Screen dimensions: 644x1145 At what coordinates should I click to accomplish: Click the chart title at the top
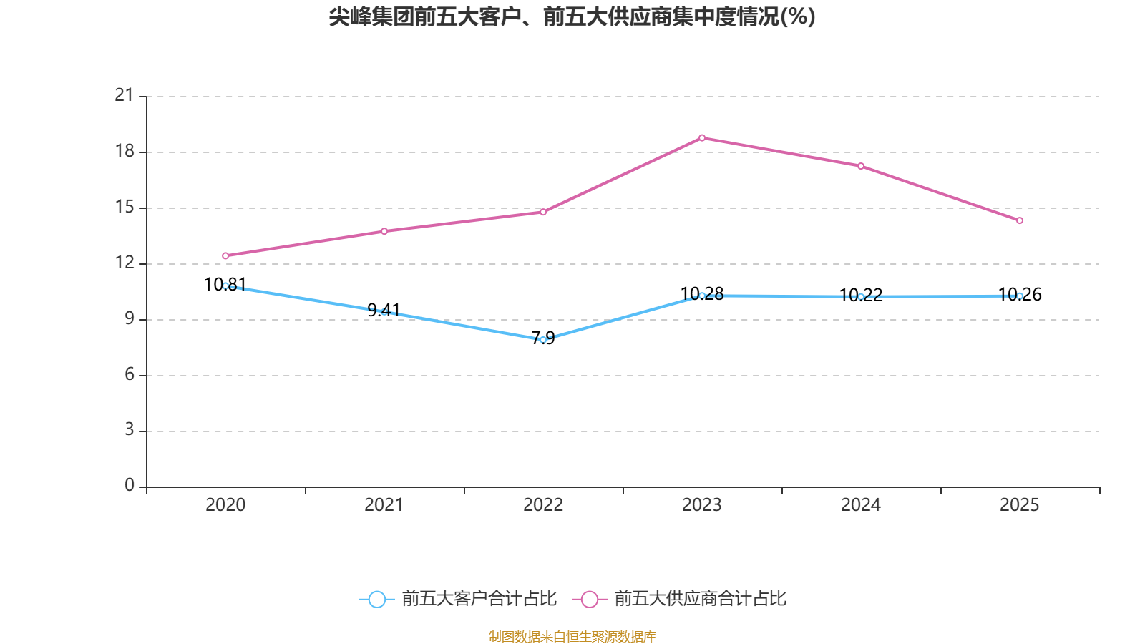pos(572,16)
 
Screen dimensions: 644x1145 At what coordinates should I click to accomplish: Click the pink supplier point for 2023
pos(702,137)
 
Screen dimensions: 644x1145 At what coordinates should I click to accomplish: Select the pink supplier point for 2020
pos(225,255)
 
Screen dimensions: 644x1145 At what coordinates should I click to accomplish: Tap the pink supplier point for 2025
pos(1020,220)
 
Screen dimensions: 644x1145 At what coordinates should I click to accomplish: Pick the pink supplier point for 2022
pos(543,212)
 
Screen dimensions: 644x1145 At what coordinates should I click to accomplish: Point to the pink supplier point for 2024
pos(861,166)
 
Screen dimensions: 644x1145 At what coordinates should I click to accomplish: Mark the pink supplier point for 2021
pos(384,231)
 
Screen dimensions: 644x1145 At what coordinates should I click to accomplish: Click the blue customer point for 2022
pos(543,340)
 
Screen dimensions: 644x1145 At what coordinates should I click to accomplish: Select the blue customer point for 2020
pos(225,286)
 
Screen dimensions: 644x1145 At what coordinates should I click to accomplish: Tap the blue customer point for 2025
pos(1020,296)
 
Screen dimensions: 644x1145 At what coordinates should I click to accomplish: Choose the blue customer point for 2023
pos(702,296)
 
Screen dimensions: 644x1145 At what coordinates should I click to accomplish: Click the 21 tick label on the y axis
pos(125,95)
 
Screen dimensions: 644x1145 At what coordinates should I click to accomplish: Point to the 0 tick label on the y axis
pos(130,486)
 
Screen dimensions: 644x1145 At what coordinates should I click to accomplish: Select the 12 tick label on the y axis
pos(125,263)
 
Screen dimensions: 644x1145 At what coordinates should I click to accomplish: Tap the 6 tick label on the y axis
pos(130,374)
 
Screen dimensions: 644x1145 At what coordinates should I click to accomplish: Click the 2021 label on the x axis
pos(384,505)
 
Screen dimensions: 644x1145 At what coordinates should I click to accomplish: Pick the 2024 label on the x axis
pos(861,505)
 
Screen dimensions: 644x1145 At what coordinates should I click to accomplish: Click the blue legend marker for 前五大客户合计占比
pos(376,599)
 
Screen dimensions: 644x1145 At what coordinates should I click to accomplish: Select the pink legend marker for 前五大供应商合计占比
pos(589,599)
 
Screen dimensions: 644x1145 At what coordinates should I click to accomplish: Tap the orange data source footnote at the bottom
pos(572,636)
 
